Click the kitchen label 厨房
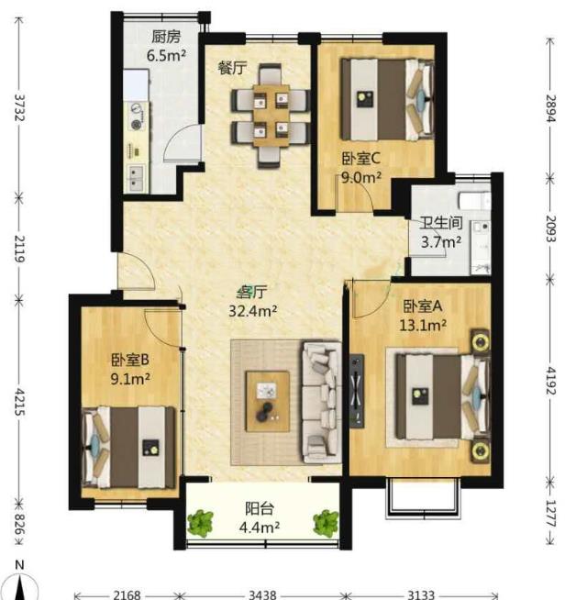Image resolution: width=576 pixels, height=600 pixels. [x=166, y=37]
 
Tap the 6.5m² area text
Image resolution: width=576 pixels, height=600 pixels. [x=166, y=56]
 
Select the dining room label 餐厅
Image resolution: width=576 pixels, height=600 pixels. [x=232, y=68]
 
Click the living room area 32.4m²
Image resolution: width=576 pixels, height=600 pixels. [x=253, y=311]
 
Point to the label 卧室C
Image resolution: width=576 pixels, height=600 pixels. [x=361, y=159]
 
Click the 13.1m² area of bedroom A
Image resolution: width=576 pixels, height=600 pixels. [x=423, y=325]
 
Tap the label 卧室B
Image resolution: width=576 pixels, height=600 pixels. [x=130, y=360]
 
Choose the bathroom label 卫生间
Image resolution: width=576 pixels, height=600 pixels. [x=441, y=223]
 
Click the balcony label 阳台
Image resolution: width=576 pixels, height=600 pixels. [x=260, y=509]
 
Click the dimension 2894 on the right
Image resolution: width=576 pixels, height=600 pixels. [x=550, y=108]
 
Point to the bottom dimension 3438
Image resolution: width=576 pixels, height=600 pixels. [x=262, y=594]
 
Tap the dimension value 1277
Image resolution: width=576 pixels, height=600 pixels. [x=550, y=513]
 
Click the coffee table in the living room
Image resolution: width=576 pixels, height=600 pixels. [x=267, y=401]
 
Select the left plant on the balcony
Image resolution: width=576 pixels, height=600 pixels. [x=200, y=524]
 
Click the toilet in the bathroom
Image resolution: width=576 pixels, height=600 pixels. [x=474, y=200]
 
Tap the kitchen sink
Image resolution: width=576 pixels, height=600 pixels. [x=135, y=179]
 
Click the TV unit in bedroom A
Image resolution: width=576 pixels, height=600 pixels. [x=357, y=390]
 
